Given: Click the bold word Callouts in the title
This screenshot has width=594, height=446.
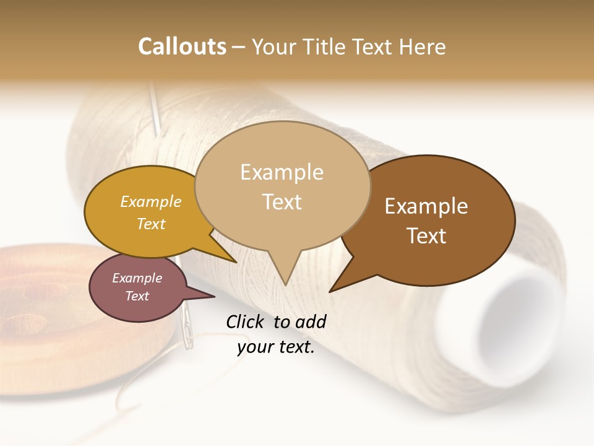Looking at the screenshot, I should click(x=182, y=46).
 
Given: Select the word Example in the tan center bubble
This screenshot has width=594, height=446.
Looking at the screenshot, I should click(x=282, y=172).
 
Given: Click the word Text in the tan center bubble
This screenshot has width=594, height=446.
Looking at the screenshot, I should click(x=282, y=201).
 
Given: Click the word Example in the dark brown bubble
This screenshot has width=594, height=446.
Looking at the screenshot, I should click(x=426, y=206).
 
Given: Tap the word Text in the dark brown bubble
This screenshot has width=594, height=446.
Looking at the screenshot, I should click(x=426, y=235).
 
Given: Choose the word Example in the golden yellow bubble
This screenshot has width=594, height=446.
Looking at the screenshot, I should click(x=151, y=201).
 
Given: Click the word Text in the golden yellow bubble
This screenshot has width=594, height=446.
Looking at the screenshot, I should click(x=151, y=224).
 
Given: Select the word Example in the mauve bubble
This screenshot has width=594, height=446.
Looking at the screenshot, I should click(x=137, y=278).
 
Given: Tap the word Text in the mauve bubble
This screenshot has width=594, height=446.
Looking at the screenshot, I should click(x=137, y=296).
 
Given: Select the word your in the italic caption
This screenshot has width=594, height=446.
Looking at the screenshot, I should click(x=254, y=347).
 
